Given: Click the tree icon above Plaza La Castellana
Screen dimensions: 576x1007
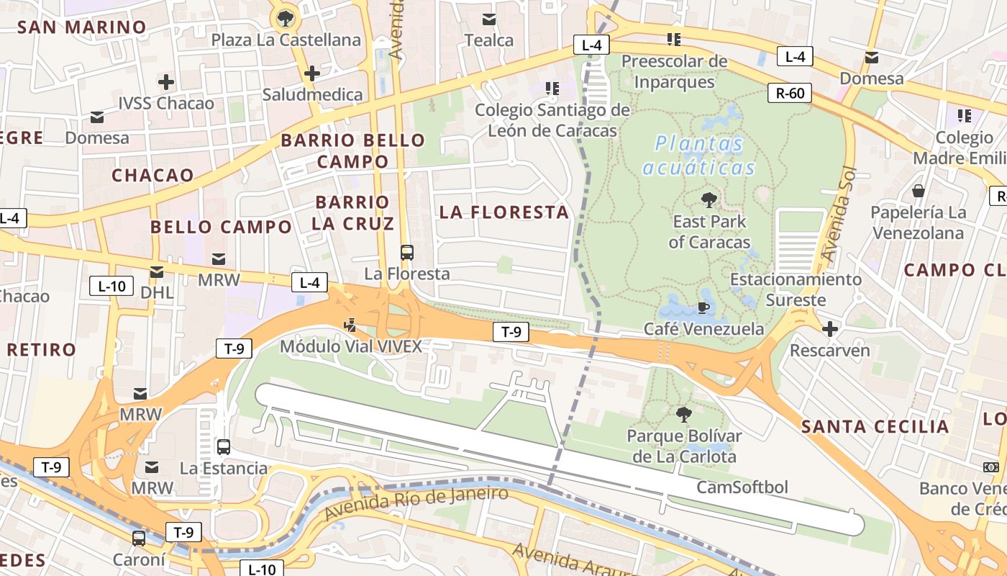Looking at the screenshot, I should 286,18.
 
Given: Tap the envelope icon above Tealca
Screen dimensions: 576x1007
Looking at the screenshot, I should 489,19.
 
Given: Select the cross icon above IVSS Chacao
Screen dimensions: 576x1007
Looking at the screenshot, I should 166,82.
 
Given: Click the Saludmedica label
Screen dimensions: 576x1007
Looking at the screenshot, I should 312,94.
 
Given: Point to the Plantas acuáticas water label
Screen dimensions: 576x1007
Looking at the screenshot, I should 698,156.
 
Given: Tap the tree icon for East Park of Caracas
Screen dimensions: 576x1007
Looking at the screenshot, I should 709,200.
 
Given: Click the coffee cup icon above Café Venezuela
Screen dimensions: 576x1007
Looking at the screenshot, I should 703,308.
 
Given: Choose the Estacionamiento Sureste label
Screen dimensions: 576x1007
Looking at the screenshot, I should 796,289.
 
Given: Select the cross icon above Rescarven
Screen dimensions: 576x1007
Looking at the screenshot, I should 830,329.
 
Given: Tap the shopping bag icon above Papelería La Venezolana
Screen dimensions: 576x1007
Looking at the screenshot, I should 919,191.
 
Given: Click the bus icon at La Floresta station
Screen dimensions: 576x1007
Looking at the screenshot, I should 407,253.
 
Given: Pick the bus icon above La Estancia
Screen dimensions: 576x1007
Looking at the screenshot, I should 224,446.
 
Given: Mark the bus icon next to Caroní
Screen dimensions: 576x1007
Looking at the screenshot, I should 139,538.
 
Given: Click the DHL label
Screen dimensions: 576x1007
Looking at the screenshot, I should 157,292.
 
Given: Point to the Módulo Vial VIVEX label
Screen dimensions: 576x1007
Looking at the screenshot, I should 350,346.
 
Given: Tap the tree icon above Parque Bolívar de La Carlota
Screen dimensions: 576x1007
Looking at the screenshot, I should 683,414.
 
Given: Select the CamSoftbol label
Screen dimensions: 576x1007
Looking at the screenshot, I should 742,487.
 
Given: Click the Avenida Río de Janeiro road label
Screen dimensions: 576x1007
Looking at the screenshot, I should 416,503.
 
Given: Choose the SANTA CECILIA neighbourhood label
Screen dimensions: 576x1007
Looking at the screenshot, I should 875,426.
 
